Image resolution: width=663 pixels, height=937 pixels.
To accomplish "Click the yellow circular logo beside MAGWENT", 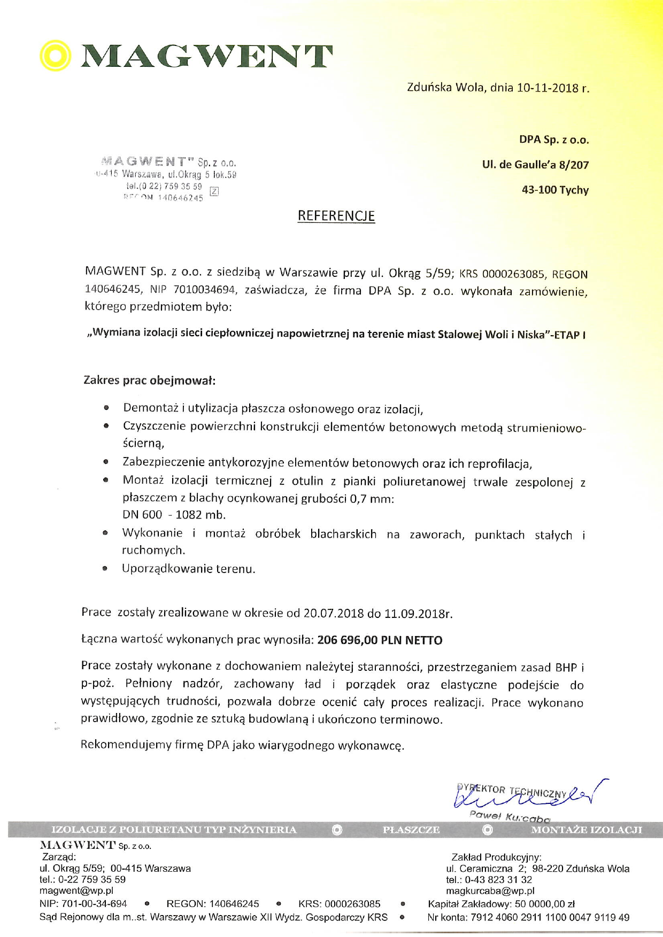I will [x=56, y=56].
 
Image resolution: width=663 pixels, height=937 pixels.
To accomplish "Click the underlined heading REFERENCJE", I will [x=336, y=216].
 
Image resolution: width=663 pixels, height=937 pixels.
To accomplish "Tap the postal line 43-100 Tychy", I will [x=555, y=190].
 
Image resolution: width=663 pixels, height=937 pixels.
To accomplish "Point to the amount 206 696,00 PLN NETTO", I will [x=380, y=640].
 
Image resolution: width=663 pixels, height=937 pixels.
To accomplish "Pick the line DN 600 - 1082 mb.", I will [x=174, y=515].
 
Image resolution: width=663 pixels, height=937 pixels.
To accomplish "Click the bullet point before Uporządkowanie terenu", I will [x=105, y=569].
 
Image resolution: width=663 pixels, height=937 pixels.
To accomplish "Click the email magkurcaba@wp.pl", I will [x=490, y=890].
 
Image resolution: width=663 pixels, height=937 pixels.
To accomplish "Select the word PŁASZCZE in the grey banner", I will [x=411, y=830].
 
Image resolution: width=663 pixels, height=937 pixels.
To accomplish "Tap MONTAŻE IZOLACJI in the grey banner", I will [x=586, y=830].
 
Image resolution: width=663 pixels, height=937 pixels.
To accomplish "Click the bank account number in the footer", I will [x=550, y=917].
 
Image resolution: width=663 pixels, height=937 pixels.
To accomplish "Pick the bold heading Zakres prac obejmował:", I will [x=150, y=381].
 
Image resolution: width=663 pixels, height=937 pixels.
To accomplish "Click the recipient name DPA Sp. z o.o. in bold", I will [x=554, y=140].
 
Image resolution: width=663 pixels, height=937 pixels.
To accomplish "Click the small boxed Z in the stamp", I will [x=214, y=191].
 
